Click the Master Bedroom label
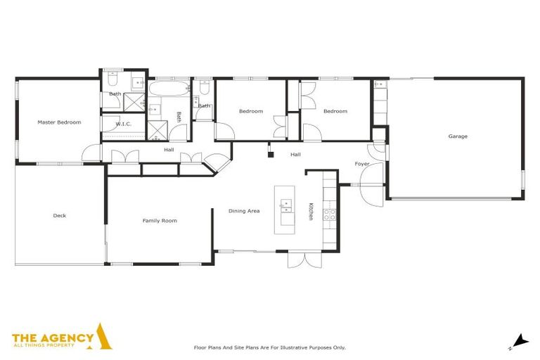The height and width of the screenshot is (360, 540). coord(59,122)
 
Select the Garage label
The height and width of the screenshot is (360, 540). coord(458,136)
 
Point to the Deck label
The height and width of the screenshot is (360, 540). coord(59,216)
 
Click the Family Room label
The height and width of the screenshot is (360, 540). coord(160,221)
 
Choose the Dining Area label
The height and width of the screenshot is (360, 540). coord(244,211)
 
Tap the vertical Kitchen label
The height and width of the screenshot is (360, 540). coord(310,212)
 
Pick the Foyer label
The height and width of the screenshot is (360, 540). coord(362,164)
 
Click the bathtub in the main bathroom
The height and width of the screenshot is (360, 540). coord(169,90)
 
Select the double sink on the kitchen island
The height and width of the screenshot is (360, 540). coord(286,205)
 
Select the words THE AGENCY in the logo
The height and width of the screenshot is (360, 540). coord(53,337)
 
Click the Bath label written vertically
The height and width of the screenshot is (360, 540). coord(179,117)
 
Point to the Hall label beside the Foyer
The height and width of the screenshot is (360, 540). coord(295,154)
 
